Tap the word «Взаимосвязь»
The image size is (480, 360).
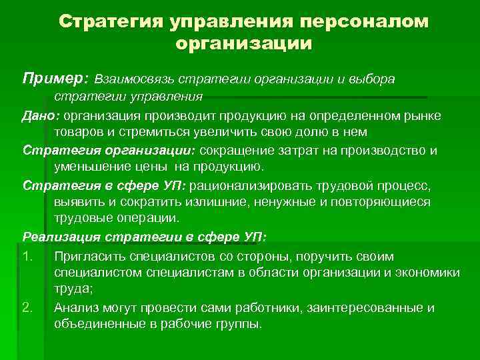tap(137, 79)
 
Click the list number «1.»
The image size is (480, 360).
tap(28, 257)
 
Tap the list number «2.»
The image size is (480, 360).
tap(28, 307)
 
